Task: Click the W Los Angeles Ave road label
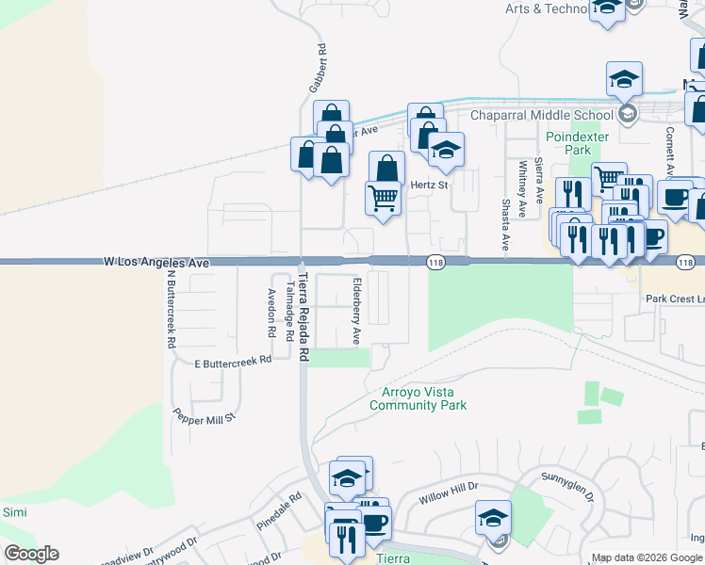pyautogui.click(x=156, y=263)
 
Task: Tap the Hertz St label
pyautogui.click(x=429, y=186)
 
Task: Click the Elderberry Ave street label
pyautogui.click(x=357, y=311)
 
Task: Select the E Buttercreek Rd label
pyautogui.click(x=233, y=361)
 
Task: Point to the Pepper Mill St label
pyautogui.click(x=204, y=414)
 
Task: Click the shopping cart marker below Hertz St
pyautogui.click(x=383, y=199)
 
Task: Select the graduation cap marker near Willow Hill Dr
pyautogui.click(x=493, y=518)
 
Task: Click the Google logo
pyautogui.click(x=31, y=554)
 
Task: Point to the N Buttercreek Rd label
pyautogui.click(x=172, y=310)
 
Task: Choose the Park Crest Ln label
pyautogui.click(x=675, y=299)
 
